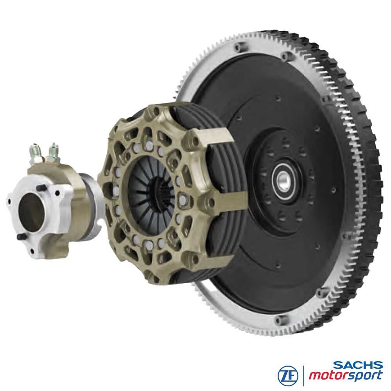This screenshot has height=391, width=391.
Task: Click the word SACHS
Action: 358,365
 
